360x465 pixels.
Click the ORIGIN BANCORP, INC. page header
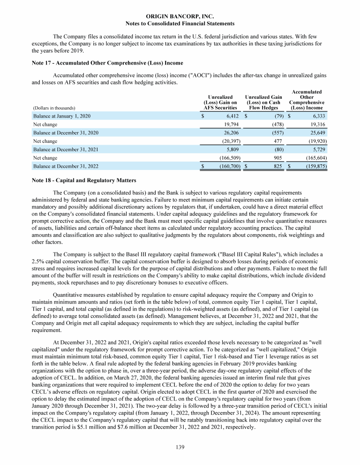pyautogui.click(x=180, y=16)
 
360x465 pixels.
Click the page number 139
pyautogui.click(x=180, y=447)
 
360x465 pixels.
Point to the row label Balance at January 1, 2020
pyautogui.click(x=61, y=116)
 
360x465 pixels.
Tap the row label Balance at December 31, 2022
pyautogui.click(x=65, y=166)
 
